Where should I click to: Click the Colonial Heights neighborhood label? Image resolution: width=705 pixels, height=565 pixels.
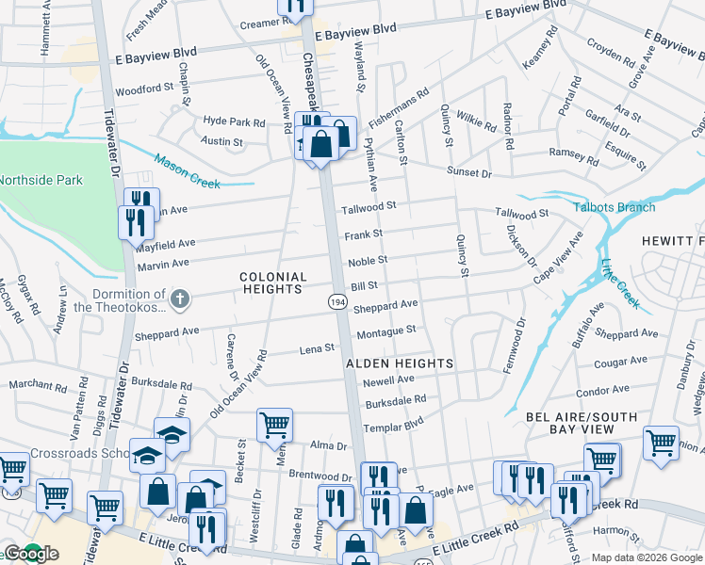272,283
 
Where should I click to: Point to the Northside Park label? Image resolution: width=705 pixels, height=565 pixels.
40,180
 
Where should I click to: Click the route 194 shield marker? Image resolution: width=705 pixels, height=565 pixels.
336,300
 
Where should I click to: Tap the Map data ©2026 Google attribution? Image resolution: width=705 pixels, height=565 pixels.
646,557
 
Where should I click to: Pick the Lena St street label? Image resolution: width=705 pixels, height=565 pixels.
317,348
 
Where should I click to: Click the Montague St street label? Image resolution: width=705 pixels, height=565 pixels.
385,331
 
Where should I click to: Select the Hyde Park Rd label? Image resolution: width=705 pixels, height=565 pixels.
234,122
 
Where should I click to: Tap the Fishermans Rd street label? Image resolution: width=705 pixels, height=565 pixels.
399,108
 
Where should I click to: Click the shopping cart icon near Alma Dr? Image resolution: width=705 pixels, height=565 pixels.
274,424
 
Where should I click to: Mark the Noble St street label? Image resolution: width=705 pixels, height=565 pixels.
369,260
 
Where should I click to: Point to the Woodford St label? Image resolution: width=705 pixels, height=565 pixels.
144,90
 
